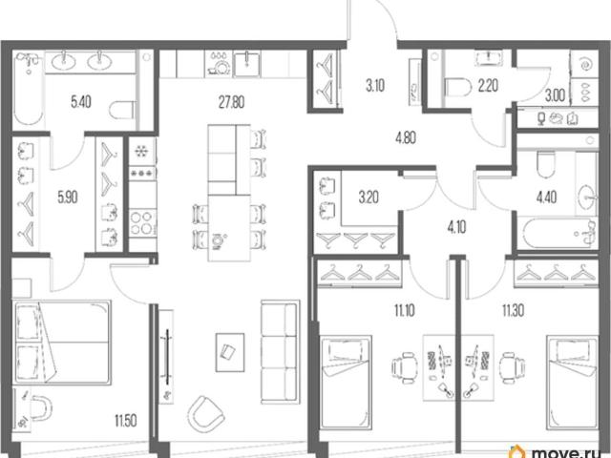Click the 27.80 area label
pyautogui.click(x=231, y=102)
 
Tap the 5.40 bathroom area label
pyautogui.click(x=81, y=102)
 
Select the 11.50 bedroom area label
pyautogui.click(x=125, y=421)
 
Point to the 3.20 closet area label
pyautogui.click(x=369, y=198)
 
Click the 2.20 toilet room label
pyautogui.click(x=488, y=86)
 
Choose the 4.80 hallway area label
pyautogui.click(x=405, y=137)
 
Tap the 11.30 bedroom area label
pyautogui.click(x=513, y=311)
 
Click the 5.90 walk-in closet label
pyautogui.click(x=68, y=198)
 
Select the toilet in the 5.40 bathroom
pyautogui.click(x=122, y=110)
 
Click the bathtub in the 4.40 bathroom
pyautogui.click(x=558, y=234)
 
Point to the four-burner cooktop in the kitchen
pyautogui.click(x=142, y=222)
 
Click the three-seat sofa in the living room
pyautogui.click(x=280, y=352)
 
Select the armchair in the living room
pyautogui.click(x=205, y=414)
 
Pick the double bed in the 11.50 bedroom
pyautogui.click(x=62, y=343)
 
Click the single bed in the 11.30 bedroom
pyautogui.click(x=573, y=383)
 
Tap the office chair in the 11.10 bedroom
pyautogui.click(x=404, y=368)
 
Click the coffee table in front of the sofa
pyautogui.click(x=230, y=352)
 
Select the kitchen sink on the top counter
pyautogui.click(x=247, y=64)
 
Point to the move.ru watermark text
pyautogui.click(x=570, y=452)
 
